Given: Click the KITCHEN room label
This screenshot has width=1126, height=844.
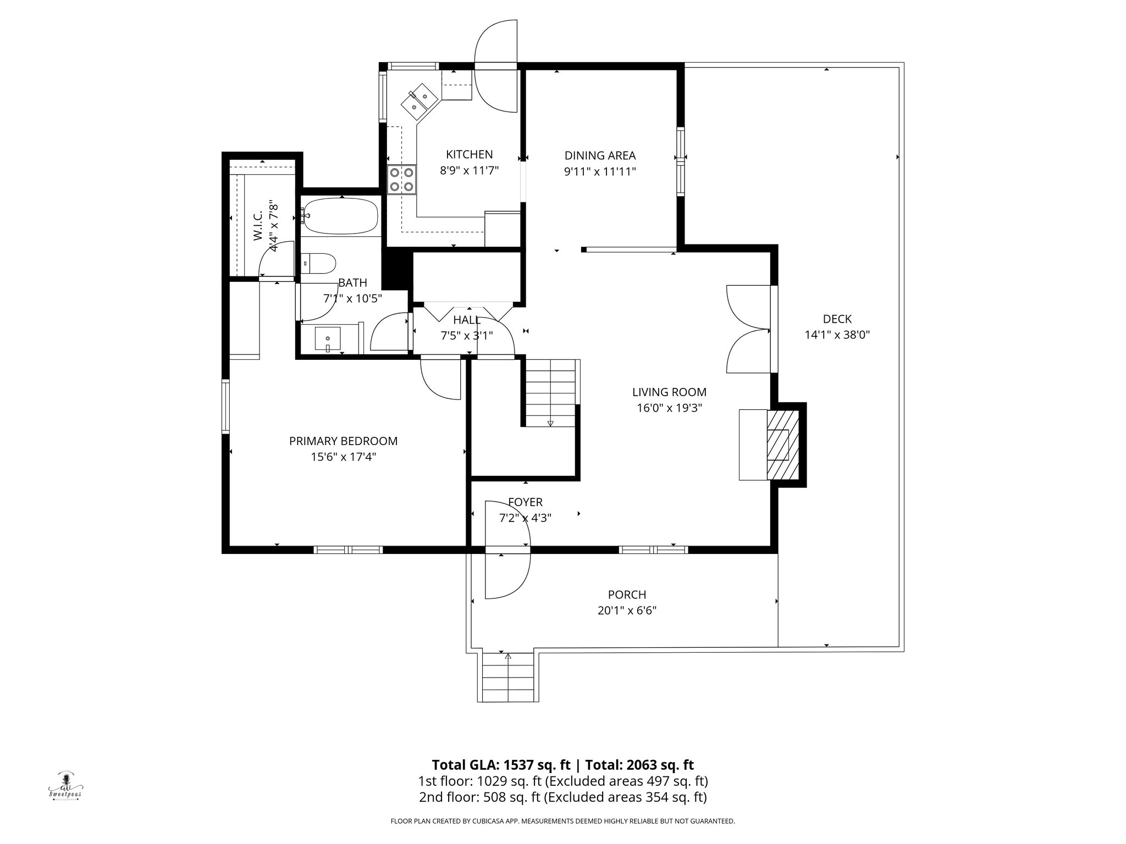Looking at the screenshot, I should click(x=469, y=154).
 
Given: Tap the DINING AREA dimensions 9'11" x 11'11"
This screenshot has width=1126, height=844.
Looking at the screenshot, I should click(x=600, y=171).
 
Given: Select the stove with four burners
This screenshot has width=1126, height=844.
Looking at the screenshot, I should click(x=401, y=180).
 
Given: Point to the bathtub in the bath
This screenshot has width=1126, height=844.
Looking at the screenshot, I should click(x=341, y=216).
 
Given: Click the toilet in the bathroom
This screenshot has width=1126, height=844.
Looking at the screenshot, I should click(x=318, y=263).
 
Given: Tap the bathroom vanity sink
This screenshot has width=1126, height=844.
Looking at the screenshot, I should click(x=328, y=338).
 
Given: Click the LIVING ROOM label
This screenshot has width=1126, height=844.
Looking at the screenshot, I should click(x=669, y=392).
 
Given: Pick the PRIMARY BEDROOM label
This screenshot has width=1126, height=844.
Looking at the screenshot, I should click(x=343, y=441).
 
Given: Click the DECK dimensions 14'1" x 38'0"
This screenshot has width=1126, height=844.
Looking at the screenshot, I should click(x=837, y=335).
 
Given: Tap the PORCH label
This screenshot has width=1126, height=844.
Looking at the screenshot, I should click(x=627, y=595).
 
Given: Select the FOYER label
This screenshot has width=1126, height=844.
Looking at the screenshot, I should click(x=525, y=502).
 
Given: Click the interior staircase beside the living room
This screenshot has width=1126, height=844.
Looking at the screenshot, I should click(x=550, y=393).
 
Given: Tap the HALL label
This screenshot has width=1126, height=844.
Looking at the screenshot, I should click(x=467, y=320).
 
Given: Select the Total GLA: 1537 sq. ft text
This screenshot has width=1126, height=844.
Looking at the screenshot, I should click(x=501, y=765).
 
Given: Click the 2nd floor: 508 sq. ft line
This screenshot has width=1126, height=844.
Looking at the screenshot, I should click(x=562, y=797).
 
